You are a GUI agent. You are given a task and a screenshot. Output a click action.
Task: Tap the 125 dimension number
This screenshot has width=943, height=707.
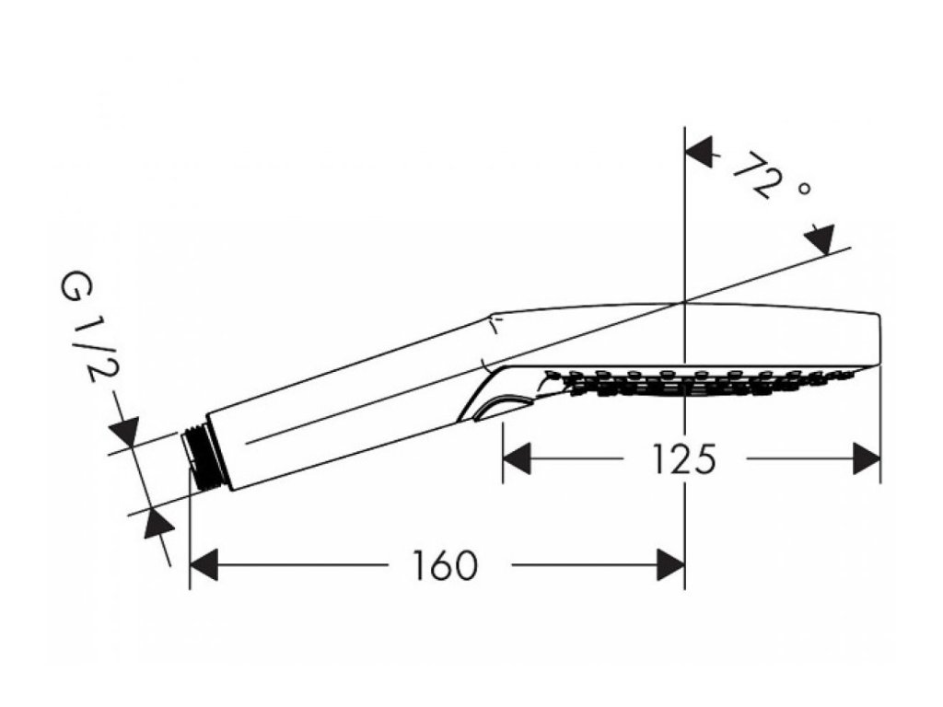click(685, 458)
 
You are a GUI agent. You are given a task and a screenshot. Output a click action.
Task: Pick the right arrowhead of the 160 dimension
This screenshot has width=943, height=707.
click(670, 564)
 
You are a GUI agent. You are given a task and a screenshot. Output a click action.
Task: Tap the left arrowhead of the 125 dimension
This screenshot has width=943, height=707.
click(516, 458)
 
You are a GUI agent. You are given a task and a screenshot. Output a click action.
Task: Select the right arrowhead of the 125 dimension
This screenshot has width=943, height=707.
click(867, 458)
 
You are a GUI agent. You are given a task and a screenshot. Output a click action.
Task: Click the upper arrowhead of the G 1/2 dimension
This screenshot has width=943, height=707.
click(123, 430)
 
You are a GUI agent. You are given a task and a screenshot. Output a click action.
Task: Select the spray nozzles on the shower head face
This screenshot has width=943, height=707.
click(700, 382)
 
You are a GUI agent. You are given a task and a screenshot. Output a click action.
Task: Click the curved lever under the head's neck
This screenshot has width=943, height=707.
click(497, 405)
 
